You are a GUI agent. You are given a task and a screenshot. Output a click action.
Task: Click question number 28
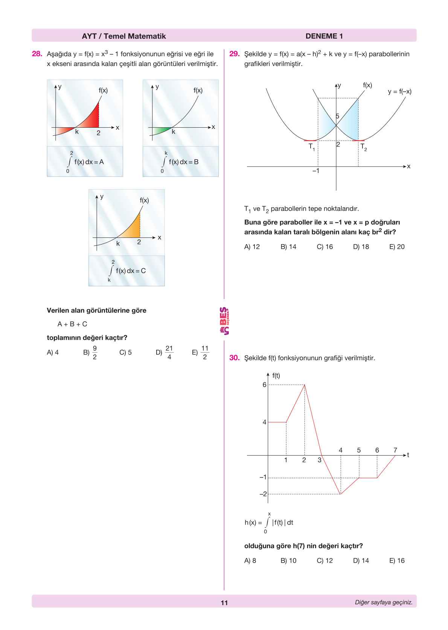point(37,54)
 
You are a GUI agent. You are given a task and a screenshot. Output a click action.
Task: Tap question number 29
point(234,54)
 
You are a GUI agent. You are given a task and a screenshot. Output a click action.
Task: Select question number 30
point(234,358)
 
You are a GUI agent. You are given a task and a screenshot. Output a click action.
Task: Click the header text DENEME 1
point(324,36)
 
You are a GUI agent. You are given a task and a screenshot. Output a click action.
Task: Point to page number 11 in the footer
point(224,602)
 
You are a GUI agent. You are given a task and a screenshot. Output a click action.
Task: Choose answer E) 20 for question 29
point(397,247)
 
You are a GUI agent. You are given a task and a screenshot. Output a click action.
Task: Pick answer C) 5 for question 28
point(125,352)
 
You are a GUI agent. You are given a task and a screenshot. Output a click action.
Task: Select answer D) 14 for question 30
point(361,561)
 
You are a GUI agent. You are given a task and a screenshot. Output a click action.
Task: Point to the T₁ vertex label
point(311,147)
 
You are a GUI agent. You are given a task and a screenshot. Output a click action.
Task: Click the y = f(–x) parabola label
point(399,92)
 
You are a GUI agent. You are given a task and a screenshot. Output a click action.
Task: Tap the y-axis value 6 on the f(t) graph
point(264,385)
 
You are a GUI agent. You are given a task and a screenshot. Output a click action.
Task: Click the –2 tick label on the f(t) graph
point(263,494)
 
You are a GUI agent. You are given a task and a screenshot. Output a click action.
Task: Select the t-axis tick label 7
point(395,450)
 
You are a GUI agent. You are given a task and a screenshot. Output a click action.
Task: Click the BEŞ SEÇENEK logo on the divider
point(224,321)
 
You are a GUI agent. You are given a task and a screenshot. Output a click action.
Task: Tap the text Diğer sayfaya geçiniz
point(383,602)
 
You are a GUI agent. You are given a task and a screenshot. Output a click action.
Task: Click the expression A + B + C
point(72,324)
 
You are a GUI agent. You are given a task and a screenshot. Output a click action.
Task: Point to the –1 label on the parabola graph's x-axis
point(315,171)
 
